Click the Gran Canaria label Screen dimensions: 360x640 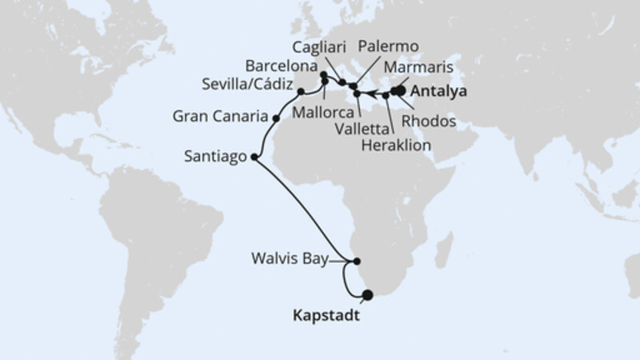click(219, 118)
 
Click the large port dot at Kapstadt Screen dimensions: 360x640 click(367, 295)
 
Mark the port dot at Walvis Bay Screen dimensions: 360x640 click(357, 260)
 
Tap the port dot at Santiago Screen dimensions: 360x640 click(254, 158)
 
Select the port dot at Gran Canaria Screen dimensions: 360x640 click(276, 118)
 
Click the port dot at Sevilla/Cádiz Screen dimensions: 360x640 click(301, 91)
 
